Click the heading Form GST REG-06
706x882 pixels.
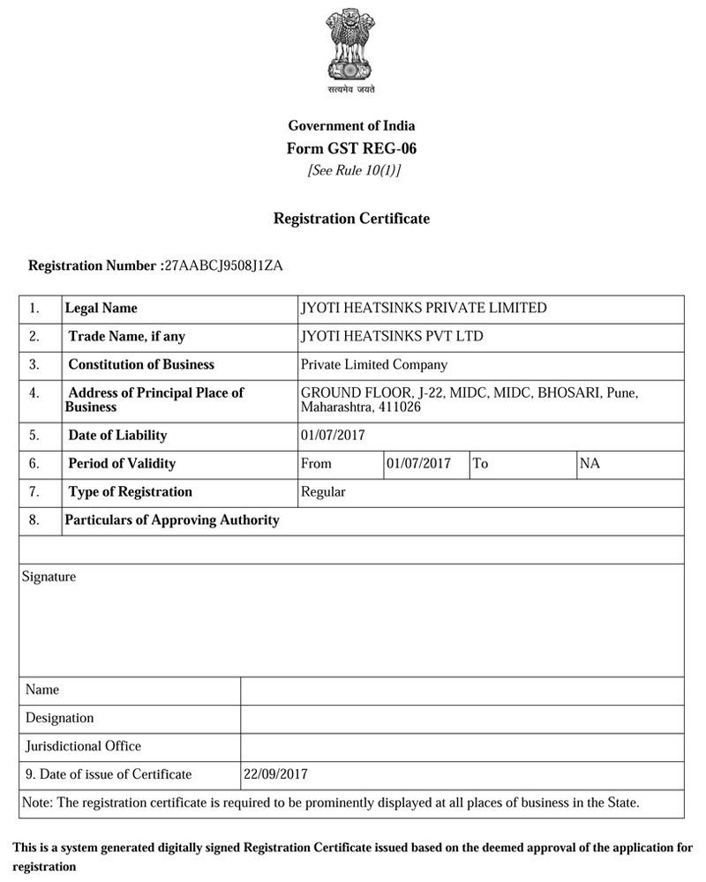351,148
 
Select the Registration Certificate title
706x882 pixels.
351,218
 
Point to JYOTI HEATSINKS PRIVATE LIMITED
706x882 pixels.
424,308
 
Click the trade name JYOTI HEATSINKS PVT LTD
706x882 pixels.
392,336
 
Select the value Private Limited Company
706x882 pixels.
374,364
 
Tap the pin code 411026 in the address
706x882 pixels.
398,407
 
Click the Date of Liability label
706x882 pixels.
117,435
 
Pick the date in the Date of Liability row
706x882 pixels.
333,435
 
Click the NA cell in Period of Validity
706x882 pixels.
590,463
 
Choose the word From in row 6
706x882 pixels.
317,463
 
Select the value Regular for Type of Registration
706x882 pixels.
323,491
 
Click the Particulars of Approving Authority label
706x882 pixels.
172,519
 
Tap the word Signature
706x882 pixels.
49,577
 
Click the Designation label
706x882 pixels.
59,718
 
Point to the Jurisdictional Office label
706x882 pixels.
83,746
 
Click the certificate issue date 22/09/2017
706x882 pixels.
276,774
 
